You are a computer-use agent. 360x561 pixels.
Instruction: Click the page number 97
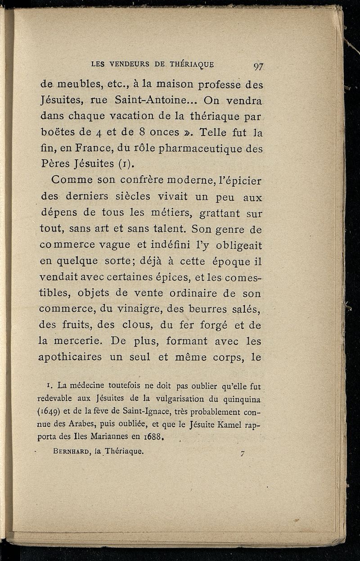[x=258, y=67]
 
